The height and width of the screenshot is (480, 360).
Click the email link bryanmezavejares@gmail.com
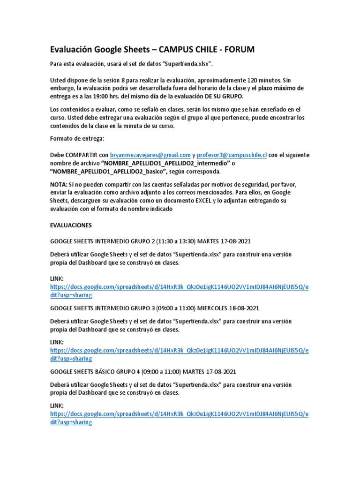point(150,155)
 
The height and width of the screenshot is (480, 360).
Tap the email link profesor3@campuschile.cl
point(232,155)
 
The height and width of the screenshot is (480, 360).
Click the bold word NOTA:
point(59,184)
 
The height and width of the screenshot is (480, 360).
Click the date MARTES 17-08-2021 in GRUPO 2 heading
point(225,241)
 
